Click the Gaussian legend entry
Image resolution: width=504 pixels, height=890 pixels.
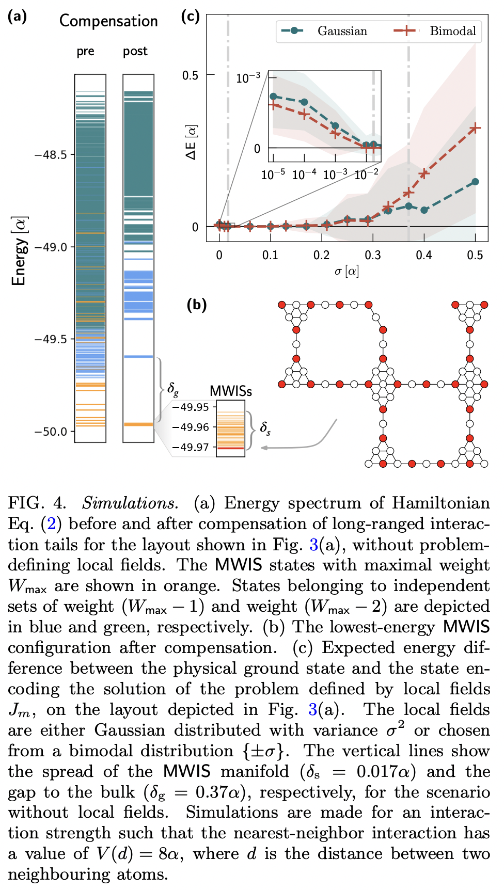[x=342, y=31]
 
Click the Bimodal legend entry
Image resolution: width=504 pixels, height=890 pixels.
[x=452, y=31]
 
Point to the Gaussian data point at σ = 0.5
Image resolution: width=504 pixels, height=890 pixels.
[x=475, y=182]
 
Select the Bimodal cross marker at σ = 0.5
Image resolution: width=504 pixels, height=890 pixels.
[x=475, y=128]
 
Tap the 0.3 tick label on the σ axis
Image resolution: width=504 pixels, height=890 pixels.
[x=372, y=255]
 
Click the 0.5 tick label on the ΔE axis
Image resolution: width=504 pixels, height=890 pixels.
[x=190, y=76]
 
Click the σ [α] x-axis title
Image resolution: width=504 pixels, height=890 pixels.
[x=346, y=271]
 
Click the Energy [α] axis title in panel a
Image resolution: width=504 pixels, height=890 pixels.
[x=19, y=251]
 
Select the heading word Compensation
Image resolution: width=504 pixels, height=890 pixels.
[x=108, y=21]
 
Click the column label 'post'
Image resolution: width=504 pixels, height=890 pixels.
[x=135, y=52]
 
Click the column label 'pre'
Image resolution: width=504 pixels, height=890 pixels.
[x=86, y=52]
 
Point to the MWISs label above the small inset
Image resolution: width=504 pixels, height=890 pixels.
[x=230, y=391]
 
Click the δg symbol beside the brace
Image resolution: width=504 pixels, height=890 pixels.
[x=173, y=388]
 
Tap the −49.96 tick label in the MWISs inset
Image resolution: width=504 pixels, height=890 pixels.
[x=191, y=427]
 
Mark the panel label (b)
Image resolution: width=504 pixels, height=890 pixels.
[x=196, y=305]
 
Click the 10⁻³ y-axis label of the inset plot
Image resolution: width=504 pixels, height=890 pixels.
[x=248, y=78]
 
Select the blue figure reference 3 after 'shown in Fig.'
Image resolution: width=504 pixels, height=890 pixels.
[x=313, y=545]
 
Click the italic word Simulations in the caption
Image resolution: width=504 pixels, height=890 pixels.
[x=130, y=503]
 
